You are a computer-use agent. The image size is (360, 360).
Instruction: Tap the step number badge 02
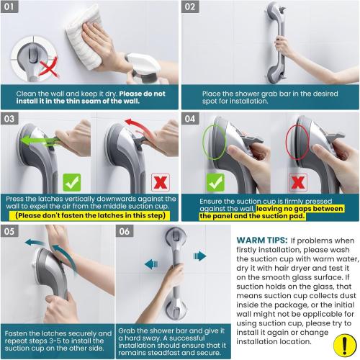(x=191, y=9)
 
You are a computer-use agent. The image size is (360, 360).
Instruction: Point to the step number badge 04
(x=191, y=118)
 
